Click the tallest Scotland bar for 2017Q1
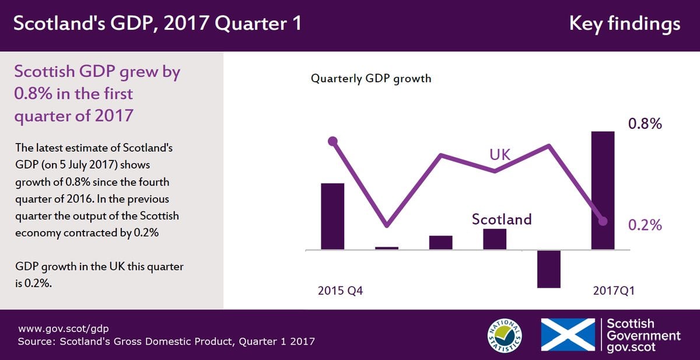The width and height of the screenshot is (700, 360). coord(603,190)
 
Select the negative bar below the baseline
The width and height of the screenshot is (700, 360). coord(549,269)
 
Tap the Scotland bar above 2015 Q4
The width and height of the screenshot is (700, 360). coord(332,216)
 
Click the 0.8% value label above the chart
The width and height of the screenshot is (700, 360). coord(645,124)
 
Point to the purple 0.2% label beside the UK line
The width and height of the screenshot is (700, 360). coord(645,225)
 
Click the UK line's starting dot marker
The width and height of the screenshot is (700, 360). coord(332,141)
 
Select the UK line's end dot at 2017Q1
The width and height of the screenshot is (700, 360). coord(603,221)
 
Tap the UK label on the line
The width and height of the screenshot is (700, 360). coord(500,155)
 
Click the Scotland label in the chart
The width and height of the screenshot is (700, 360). coord(502,219)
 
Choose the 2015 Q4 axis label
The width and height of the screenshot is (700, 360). coord(340,291)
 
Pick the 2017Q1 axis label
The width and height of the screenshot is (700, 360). coord(614,291)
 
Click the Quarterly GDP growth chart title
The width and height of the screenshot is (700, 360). coord(371,78)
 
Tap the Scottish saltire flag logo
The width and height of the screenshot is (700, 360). coord(568,335)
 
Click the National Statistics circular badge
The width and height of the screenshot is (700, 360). coord(505,335)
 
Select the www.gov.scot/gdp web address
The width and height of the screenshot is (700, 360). coord(64,328)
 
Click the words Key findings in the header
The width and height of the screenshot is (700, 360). coord(625,24)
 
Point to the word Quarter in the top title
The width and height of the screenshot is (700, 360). coord(251,23)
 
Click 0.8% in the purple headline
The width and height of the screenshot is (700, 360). coord(33,93)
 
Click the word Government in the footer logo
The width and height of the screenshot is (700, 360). coord(644,335)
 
